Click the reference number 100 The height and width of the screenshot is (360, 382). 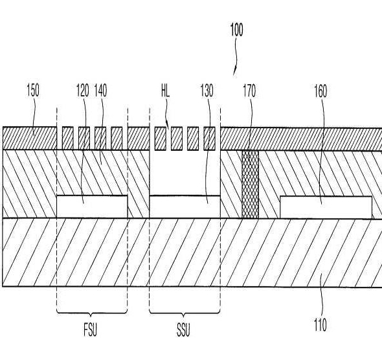coord(236,30)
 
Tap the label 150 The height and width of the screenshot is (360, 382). coord(33,90)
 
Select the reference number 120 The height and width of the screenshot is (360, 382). coord(83,91)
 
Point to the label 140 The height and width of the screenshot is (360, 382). coord(100,91)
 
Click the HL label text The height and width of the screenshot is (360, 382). coord(165,91)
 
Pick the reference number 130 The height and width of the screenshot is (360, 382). coord(207,91)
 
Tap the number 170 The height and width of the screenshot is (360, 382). coord(249,91)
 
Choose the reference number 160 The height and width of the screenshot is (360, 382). coord(320,91)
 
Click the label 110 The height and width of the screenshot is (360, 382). coord(320,324)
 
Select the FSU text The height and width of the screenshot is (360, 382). coord(90,330)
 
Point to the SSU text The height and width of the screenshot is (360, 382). coord(183,330)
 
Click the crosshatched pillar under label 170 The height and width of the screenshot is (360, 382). coord(250,185)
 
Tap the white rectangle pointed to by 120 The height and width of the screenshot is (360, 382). coord(92,207)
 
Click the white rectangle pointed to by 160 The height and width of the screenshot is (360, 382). coord(326,207)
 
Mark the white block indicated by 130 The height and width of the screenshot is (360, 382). coord(185,207)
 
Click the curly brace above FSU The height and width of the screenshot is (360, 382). coord(92,313)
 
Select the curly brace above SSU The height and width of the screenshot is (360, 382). coord(185,313)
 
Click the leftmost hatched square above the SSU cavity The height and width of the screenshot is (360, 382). coord(161,139)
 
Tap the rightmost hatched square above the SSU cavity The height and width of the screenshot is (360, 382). coord(210,139)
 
